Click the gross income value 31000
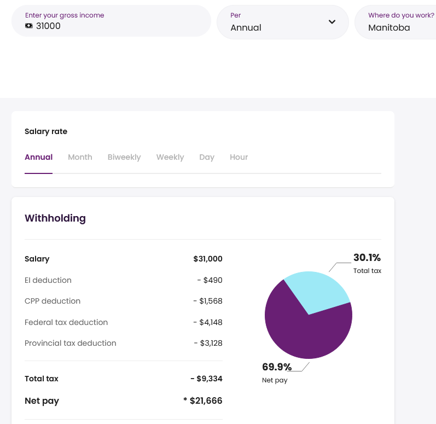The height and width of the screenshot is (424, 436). (x=48, y=26)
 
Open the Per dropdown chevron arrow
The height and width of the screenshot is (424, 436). (x=332, y=22)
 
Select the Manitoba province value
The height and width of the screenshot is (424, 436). (x=389, y=27)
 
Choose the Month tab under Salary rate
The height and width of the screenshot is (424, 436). (x=80, y=157)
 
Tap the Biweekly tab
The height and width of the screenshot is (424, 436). (x=124, y=158)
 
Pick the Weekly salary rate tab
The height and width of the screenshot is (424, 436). (x=170, y=158)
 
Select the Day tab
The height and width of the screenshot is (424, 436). (x=207, y=158)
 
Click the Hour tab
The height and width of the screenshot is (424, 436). (x=239, y=157)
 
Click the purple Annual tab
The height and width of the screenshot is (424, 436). (x=39, y=157)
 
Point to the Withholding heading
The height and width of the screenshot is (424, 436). (x=55, y=218)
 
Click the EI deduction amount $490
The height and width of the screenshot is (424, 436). (x=210, y=280)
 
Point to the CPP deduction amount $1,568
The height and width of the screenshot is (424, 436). (x=208, y=301)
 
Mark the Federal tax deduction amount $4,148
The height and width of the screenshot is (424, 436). (x=208, y=322)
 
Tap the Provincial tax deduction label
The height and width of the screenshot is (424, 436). (x=71, y=343)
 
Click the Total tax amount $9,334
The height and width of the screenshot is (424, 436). (x=207, y=379)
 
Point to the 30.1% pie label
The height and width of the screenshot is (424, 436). (x=367, y=258)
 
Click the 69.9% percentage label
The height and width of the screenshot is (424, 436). (x=277, y=367)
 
